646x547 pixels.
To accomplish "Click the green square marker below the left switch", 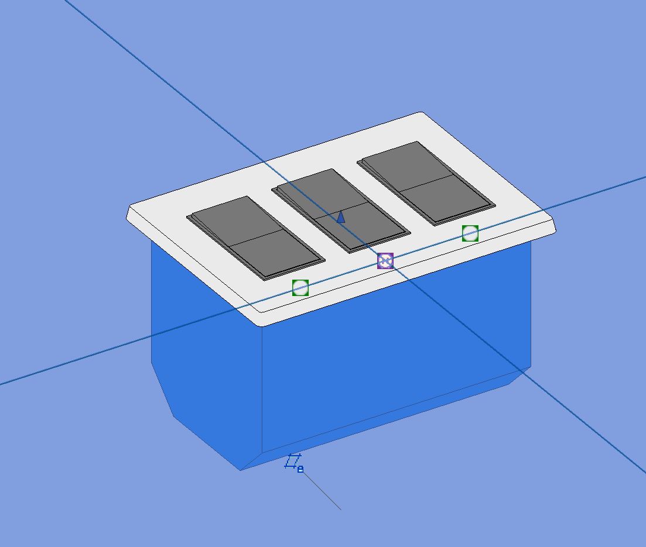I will (300, 288).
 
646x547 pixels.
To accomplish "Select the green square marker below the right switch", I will (470, 233).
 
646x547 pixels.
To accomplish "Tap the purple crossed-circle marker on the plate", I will (385, 261).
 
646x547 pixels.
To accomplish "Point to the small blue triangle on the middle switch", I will (341, 218).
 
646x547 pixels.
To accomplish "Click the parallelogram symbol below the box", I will (293, 462).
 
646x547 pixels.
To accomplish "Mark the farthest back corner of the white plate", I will (420, 113).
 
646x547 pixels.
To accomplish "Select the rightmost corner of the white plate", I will (554, 229).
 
